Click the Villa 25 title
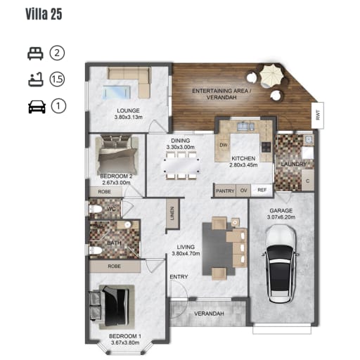[x=44, y=14]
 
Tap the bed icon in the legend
[x=35, y=53]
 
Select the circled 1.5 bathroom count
[x=57, y=79]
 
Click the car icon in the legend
[x=37, y=107]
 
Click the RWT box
[x=318, y=115]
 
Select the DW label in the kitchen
[x=224, y=145]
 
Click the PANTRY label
[x=225, y=191]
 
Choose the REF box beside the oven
[x=262, y=190]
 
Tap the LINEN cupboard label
[x=172, y=213]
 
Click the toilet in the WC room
[x=95, y=209]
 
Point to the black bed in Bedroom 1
[x=115, y=307]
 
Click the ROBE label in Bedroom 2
[x=105, y=192]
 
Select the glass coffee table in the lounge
[x=116, y=92]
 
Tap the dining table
[x=181, y=166]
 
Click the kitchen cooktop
[x=266, y=147]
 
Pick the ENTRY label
[x=179, y=277]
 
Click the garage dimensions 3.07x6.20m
[x=281, y=217]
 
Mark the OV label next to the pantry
[x=243, y=191]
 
